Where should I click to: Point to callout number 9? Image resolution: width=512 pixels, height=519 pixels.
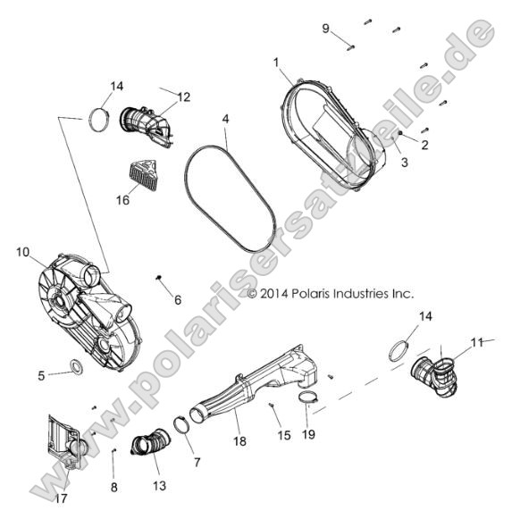326,29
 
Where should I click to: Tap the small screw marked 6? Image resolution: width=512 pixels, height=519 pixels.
158,280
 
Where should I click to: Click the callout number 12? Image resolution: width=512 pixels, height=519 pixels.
184,96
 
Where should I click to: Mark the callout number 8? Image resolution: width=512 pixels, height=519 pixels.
113,487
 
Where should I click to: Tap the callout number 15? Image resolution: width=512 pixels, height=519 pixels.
283,435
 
